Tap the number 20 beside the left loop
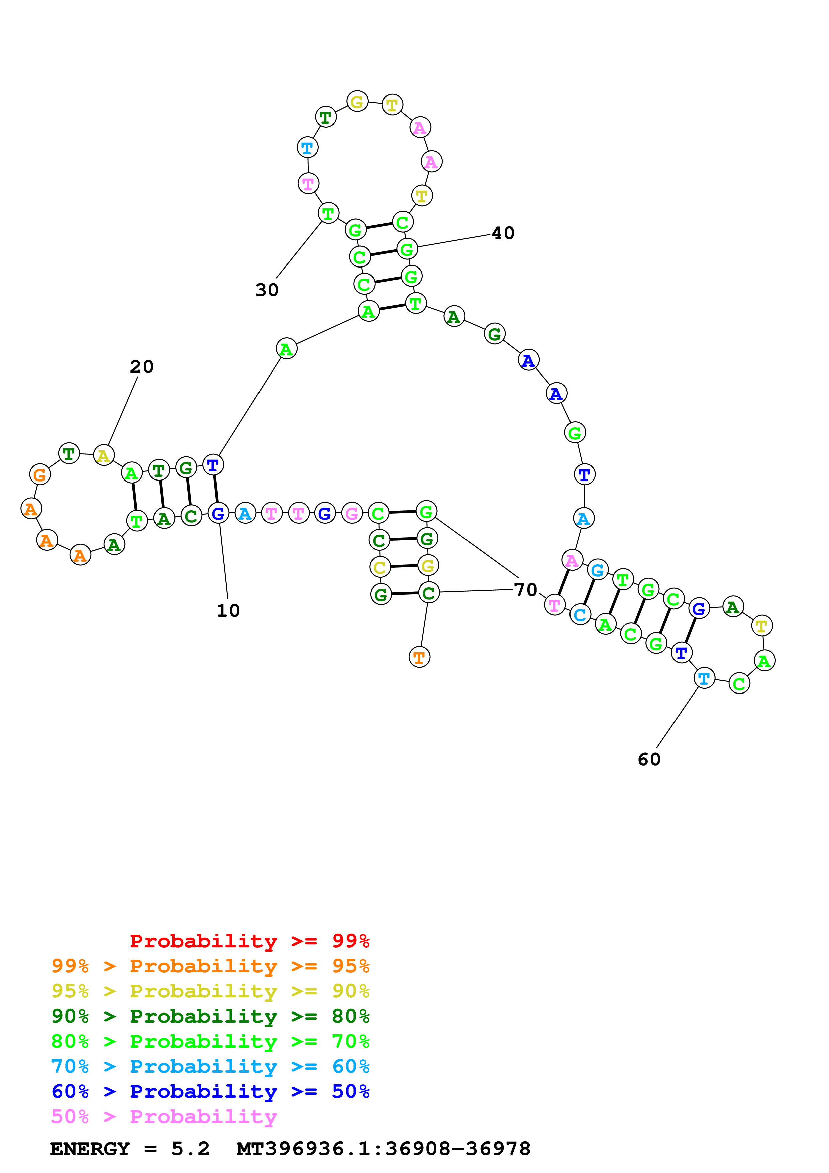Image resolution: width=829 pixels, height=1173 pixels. pos(141,367)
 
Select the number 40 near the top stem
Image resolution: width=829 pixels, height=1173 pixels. pos(503,233)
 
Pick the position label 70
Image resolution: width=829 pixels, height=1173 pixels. pos(526,590)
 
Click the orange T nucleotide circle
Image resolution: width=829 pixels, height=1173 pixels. pos(419,657)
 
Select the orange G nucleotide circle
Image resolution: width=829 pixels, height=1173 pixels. pos(40,474)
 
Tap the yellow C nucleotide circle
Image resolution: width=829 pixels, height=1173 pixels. pos(380,567)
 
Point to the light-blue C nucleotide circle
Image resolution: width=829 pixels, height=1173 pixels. pos(580,615)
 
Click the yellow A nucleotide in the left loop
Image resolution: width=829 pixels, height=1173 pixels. pos(104,455)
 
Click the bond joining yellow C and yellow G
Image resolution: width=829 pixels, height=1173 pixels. pos(404,566)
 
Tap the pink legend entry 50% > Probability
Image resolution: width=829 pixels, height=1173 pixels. pos(164,1117)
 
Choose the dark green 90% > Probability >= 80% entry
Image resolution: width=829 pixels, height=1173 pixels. pos(210,1016)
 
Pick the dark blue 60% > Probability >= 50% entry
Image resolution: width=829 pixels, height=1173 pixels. pos(210,1091)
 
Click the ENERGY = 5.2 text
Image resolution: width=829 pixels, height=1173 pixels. pos(130,1149)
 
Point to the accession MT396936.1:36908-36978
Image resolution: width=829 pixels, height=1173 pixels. pos(383,1149)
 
